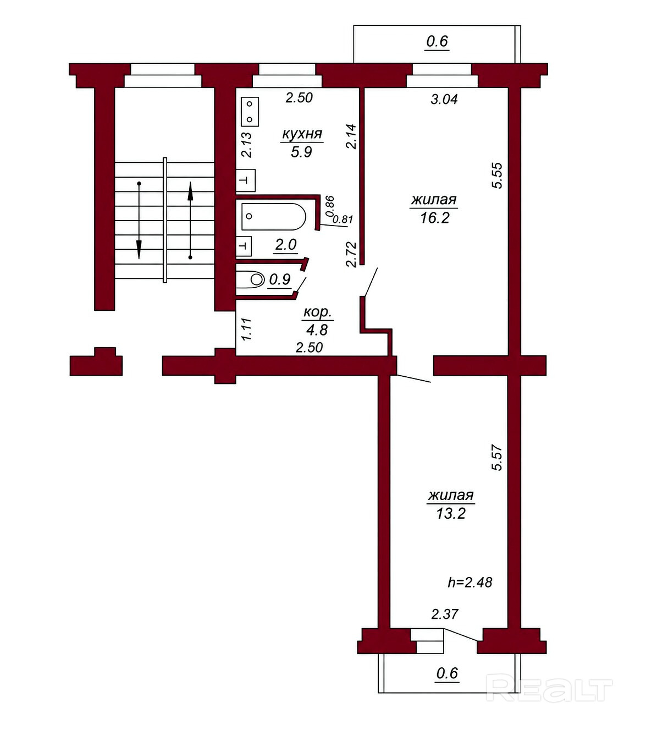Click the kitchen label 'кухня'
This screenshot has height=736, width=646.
coord(302,134)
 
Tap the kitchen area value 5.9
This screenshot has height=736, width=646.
coord(301,152)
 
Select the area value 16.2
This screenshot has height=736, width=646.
coord(435,218)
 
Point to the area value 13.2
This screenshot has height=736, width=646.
coord(451,513)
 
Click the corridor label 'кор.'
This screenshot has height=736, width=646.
coord(317,312)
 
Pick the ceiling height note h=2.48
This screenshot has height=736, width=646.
coord(470,583)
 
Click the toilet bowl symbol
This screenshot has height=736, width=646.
coord(257,279)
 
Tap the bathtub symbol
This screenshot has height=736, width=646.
coord(274,217)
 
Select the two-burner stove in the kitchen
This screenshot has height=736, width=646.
coord(250,112)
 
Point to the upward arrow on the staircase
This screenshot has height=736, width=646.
coord(190,220)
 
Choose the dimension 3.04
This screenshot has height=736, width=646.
coord(444,99)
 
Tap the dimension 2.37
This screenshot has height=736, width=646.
coord(445,614)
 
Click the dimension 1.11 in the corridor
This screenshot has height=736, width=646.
coord(246,329)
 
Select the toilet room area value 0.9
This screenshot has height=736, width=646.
coord(280,279)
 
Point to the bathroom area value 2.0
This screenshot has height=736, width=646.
coord(286,245)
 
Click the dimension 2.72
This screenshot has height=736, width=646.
coord(351,255)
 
